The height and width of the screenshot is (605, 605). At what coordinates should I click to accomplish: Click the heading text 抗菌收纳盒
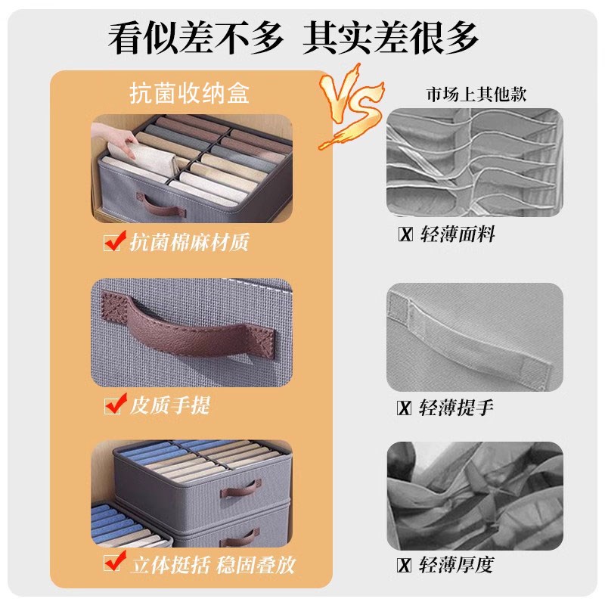point(189,95)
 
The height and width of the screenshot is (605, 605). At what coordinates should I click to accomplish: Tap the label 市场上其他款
point(476,95)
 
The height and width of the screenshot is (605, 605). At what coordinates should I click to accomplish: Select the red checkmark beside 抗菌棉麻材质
point(114,241)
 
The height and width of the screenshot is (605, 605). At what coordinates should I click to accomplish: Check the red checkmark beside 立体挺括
point(114,563)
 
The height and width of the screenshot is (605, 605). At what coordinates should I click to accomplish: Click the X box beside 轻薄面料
point(405,234)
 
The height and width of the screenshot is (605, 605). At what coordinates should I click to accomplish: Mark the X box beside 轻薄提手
point(405,408)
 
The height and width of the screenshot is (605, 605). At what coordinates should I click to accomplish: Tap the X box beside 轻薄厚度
point(405,565)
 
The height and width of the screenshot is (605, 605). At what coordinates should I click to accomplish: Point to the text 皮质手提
point(169,405)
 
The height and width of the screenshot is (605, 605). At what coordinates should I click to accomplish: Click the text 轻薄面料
point(457,234)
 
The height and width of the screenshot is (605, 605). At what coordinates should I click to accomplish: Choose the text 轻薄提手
point(457,408)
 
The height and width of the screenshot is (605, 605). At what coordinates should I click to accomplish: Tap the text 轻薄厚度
point(457,565)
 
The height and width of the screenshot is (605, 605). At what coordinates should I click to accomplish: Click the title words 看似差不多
point(195,38)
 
